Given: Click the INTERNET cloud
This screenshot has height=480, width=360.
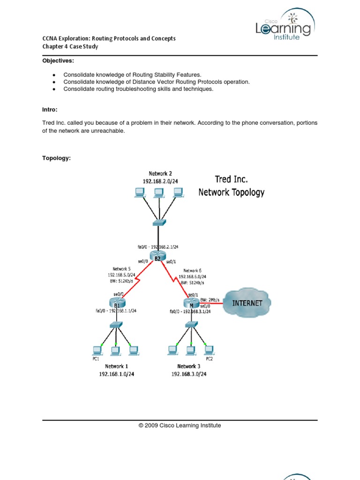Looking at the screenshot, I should point(247,302).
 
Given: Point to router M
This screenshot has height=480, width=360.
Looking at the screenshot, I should point(192,303).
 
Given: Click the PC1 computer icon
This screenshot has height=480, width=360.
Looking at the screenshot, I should point(97,350).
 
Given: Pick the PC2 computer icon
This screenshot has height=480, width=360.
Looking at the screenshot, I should point(209,349).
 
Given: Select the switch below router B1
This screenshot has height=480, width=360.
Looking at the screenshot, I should point(115,324).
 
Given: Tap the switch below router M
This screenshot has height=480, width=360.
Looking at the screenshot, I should point(191,324).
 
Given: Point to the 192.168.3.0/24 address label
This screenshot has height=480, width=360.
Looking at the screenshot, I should point(188,374).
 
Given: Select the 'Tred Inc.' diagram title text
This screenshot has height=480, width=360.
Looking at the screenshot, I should point(231,179).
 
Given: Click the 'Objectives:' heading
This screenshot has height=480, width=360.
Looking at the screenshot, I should point(58,61).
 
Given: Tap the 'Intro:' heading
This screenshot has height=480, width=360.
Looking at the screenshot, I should point(50,109).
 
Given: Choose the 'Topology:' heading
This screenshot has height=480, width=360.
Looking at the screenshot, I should point(56,158).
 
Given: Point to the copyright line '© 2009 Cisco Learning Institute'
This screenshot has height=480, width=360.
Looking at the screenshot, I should point(180,426).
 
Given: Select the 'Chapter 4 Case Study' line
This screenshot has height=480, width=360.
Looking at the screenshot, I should point(70,46).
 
